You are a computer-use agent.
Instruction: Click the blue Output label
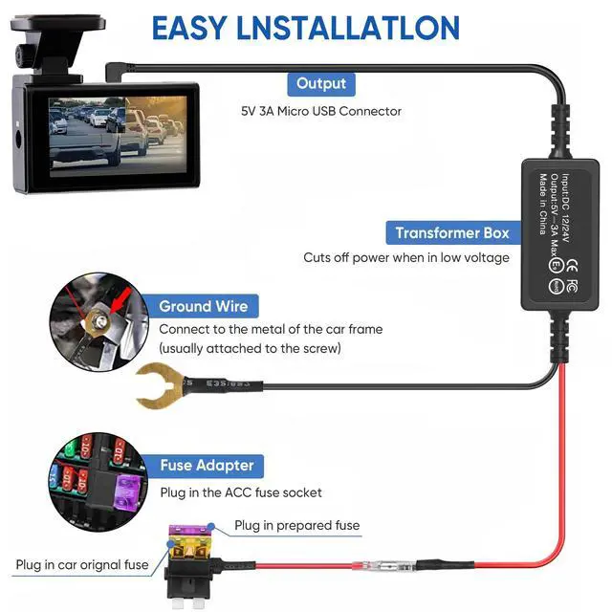(x=321, y=83)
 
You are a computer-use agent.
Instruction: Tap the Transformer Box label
(x=452, y=232)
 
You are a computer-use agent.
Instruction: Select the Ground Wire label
(x=203, y=306)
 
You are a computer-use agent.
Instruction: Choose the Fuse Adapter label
(x=207, y=466)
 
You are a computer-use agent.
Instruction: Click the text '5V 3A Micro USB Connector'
(x=321, y=111)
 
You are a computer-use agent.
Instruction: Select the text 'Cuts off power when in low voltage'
(x=406, y=257)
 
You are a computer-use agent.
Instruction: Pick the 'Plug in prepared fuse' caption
(x=297, y=526)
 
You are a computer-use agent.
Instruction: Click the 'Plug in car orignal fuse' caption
(x=82, y=564)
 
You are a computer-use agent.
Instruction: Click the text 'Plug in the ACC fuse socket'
(x=240, y=492)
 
